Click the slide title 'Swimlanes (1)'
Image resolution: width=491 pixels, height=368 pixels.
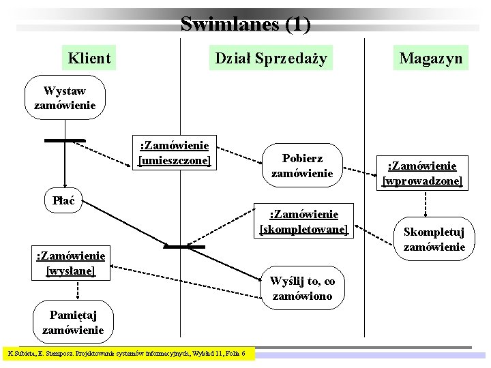click(x=245, y=25)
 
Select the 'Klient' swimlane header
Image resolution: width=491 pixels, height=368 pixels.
click(x=89, y=58)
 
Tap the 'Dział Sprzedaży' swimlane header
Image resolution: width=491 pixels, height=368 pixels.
click(x=271, y=58)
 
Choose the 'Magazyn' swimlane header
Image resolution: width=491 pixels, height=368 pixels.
click(x=430, y=58)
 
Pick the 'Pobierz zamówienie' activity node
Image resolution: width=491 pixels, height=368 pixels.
click(x=301, y=166)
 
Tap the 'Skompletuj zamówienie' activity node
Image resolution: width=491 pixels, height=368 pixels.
click(x=434, y=239)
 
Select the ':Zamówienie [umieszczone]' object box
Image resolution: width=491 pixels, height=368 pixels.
click(x=175, y=153)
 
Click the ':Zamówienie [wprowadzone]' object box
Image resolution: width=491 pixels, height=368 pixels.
click(x=422, y=173)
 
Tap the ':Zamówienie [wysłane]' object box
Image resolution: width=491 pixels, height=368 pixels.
click(x=70, y=263)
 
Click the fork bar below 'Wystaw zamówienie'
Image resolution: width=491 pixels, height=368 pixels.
click(x=65, y=140)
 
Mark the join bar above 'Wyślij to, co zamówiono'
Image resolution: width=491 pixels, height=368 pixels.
click(x=184, y=247)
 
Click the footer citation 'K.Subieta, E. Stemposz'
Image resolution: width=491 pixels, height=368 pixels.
click(x=128, y=354)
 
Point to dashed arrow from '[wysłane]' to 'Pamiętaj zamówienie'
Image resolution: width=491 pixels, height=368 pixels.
click(x=76, y=289)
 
